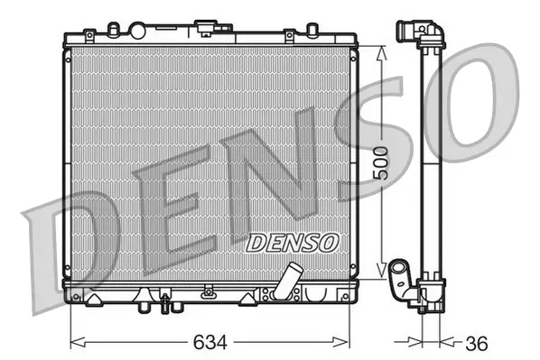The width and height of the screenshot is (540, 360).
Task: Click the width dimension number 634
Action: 209,343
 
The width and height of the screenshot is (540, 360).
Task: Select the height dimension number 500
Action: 382,162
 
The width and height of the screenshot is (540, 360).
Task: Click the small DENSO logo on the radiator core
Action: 292,242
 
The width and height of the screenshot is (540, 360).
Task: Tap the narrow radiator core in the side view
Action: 431,162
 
